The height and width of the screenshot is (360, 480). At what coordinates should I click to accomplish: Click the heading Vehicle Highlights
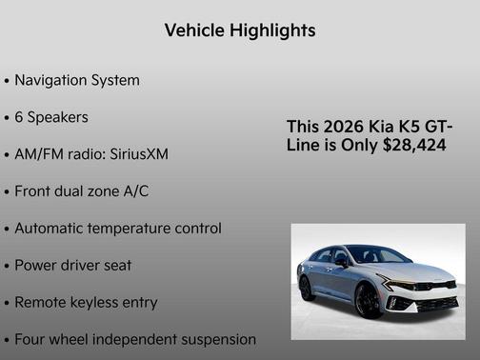[x=240, y=30]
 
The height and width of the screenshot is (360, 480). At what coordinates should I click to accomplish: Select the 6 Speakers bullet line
[x=52, y=117]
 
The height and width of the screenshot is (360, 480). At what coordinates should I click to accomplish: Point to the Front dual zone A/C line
[x=81, y=190]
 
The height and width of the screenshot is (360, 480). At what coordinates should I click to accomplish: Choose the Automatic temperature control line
[x=117, y=229]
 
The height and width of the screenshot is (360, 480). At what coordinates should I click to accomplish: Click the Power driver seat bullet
[x=72, y=265]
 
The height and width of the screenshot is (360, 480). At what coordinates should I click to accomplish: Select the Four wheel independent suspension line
[x=134, y=339]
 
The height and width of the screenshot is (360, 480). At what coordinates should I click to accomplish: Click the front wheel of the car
[x=368, y=301]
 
